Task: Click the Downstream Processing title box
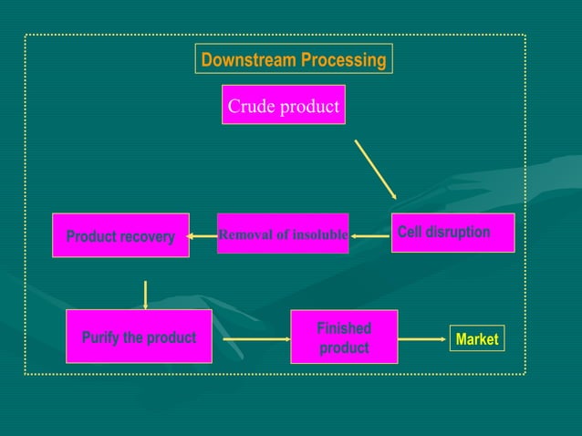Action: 294,60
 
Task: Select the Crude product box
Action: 283,106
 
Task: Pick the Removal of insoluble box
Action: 283,234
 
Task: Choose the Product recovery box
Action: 120,235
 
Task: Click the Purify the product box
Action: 139,337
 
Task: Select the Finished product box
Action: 344,337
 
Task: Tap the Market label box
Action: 476,339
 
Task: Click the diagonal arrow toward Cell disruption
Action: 375,169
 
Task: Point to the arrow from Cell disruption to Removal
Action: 370,236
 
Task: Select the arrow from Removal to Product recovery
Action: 203,237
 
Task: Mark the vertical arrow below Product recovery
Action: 145,294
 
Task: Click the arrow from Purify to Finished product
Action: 256,339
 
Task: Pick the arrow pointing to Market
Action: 422,339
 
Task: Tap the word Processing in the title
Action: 343,60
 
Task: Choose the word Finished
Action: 344,328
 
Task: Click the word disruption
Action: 461,233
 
